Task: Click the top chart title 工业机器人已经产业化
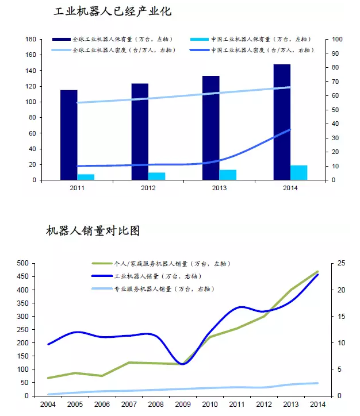click(113, 12)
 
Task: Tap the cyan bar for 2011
click(86, 177)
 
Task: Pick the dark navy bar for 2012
click(140, 132)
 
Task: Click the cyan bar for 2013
click(228, 175)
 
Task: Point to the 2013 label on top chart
click(219, 188)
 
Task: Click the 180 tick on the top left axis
click(30, 39)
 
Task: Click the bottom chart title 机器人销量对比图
click(93, 232)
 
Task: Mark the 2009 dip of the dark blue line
click(183, 364)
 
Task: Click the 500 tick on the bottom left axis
click(22, 263)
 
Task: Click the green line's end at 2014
click(318, 271)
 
